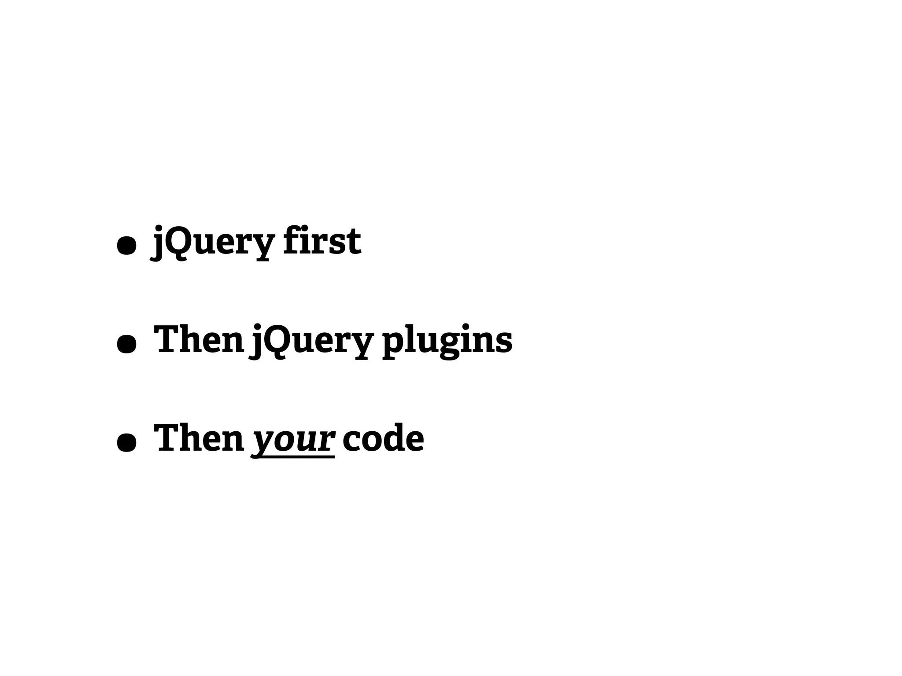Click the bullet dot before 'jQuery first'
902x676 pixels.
coord(126,246)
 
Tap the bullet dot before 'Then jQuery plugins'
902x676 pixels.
coord(126,344)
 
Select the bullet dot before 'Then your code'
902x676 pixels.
coord(126,443)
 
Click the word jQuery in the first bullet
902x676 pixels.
coord(213,241)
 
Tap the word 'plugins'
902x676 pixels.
coord(447,340)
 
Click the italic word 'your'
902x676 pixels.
coord(292,439)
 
